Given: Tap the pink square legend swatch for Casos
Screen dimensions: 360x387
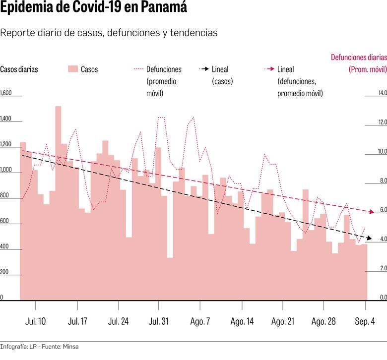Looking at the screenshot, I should pos(73,69).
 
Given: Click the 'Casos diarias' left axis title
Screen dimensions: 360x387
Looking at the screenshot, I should pos(19,69).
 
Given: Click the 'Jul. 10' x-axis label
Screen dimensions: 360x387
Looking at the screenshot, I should pos(36,321).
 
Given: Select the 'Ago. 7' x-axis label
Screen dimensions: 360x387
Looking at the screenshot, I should pos(200,321).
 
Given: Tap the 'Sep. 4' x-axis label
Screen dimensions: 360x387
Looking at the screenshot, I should pos(365,321).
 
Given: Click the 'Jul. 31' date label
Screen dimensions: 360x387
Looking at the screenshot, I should pos(159,321).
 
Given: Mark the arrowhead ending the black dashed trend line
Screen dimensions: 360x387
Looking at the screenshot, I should pos(367,239).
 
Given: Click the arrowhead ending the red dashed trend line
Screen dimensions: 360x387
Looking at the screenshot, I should pos(373,212).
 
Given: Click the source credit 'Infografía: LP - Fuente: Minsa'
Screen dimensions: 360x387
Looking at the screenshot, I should pos(39,347).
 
